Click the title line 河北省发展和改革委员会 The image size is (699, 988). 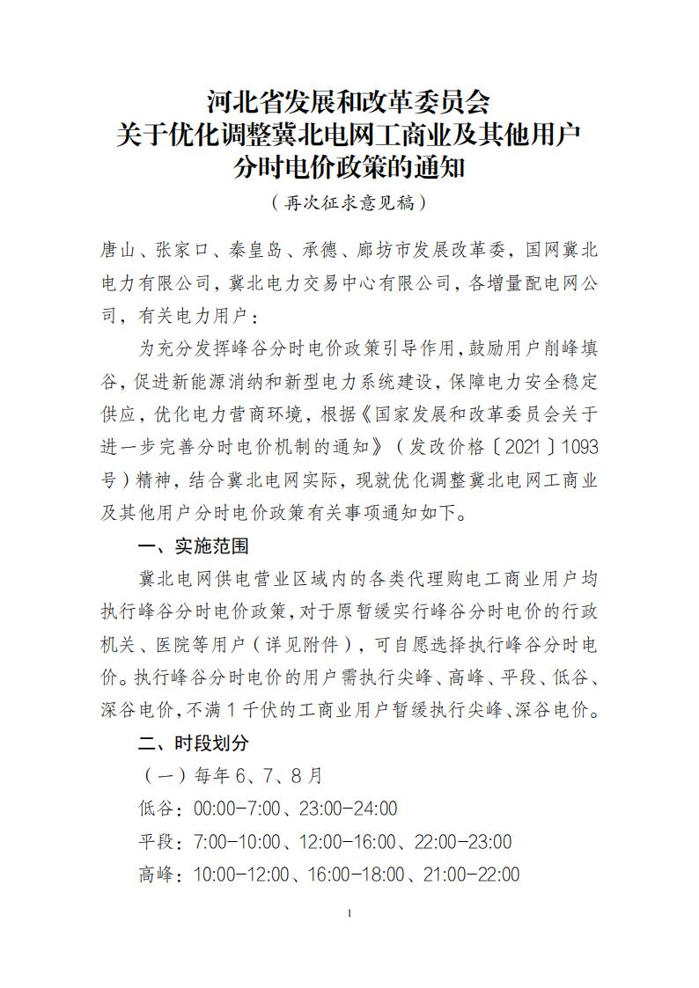pos(349,103)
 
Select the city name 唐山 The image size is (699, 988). pos(118,251)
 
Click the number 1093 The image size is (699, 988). pos(578,447)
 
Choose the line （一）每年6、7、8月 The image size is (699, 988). pos(231,775)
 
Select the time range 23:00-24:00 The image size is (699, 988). pos(348,809)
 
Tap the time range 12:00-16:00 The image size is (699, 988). pos(347,842)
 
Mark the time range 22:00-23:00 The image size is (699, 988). pos(463,842)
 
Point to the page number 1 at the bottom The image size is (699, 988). pos(349,913)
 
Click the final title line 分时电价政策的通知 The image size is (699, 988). pos(349,167)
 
